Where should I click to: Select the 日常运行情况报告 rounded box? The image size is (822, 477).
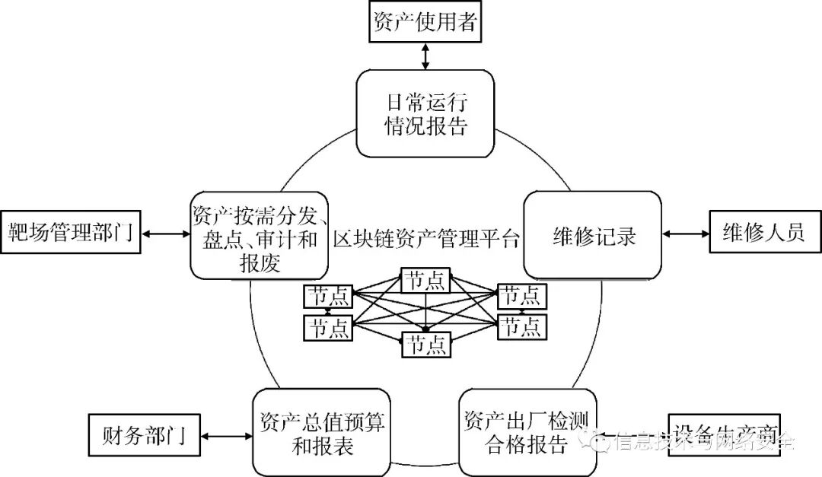[425, 113]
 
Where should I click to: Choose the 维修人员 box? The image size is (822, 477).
[763, 232]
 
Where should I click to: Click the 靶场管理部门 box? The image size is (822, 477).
[71, 232]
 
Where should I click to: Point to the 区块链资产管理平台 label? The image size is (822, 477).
[426, 239]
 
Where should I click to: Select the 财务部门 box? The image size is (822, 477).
[136, 437]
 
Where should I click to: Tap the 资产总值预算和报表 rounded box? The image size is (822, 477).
[322, 433]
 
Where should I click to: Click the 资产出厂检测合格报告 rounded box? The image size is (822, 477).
[527, 432]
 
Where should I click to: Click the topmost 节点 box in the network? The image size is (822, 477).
[425, 280]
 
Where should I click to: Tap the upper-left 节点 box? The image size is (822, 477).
[328, 296]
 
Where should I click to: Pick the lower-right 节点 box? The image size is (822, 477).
[521, 327]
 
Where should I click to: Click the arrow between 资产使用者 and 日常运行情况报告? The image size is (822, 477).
[425, 56]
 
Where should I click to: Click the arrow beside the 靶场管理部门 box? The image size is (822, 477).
[164, 233]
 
